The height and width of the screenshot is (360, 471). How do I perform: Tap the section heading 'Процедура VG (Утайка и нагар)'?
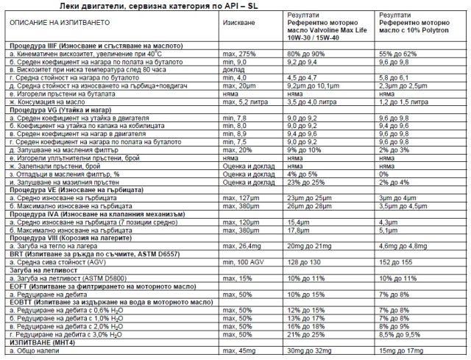(57, 109)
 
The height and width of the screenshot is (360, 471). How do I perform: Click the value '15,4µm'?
(300, 222)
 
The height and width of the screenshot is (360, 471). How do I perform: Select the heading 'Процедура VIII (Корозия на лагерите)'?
(71, 238)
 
